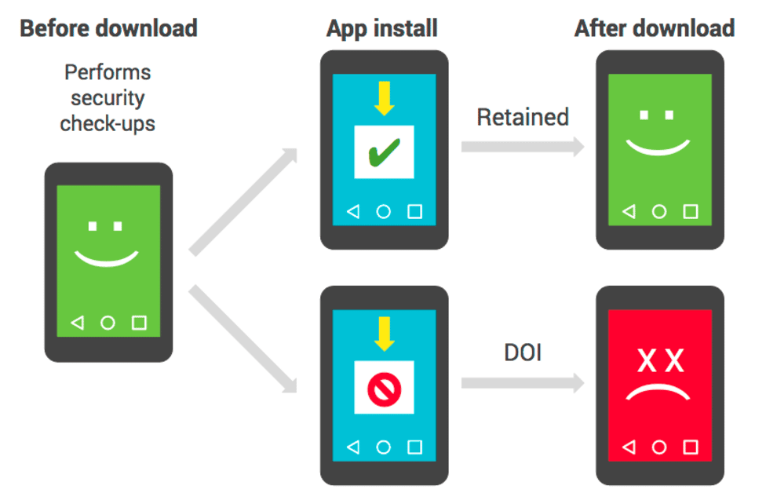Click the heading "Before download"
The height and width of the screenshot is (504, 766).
click(x=108, y=27)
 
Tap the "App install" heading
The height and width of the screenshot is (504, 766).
click(x=382, y=28)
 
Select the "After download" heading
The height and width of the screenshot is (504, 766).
click(x=655, y=27)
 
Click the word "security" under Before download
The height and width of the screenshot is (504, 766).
click(x=108, y=98)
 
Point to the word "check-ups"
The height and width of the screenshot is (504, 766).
click(x=108, y=124)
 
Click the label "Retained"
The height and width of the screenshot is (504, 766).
click(x=523, y=117)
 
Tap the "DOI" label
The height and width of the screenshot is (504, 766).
click(x=523, y=352)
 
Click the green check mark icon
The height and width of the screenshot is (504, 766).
click(x=384, y=152)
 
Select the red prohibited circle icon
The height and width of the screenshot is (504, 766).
click(x=384, y=389)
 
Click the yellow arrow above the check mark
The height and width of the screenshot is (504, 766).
click(x=385, y=98)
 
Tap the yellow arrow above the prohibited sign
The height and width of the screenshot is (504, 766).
click(x=385, y=334)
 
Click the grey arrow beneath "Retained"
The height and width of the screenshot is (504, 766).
click(x=523, y=147)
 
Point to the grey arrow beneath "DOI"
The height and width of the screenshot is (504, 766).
click(x=523, y=383)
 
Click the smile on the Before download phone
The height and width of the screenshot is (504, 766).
click(x=107, y=262)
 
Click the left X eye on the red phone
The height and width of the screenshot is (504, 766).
click(x=647, y=361)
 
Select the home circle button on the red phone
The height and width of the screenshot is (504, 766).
click(x=659, y=447)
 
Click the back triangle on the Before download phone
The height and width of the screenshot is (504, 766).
click(x=78, y=323)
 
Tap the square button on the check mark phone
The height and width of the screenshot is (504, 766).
click(x=414, y=212)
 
